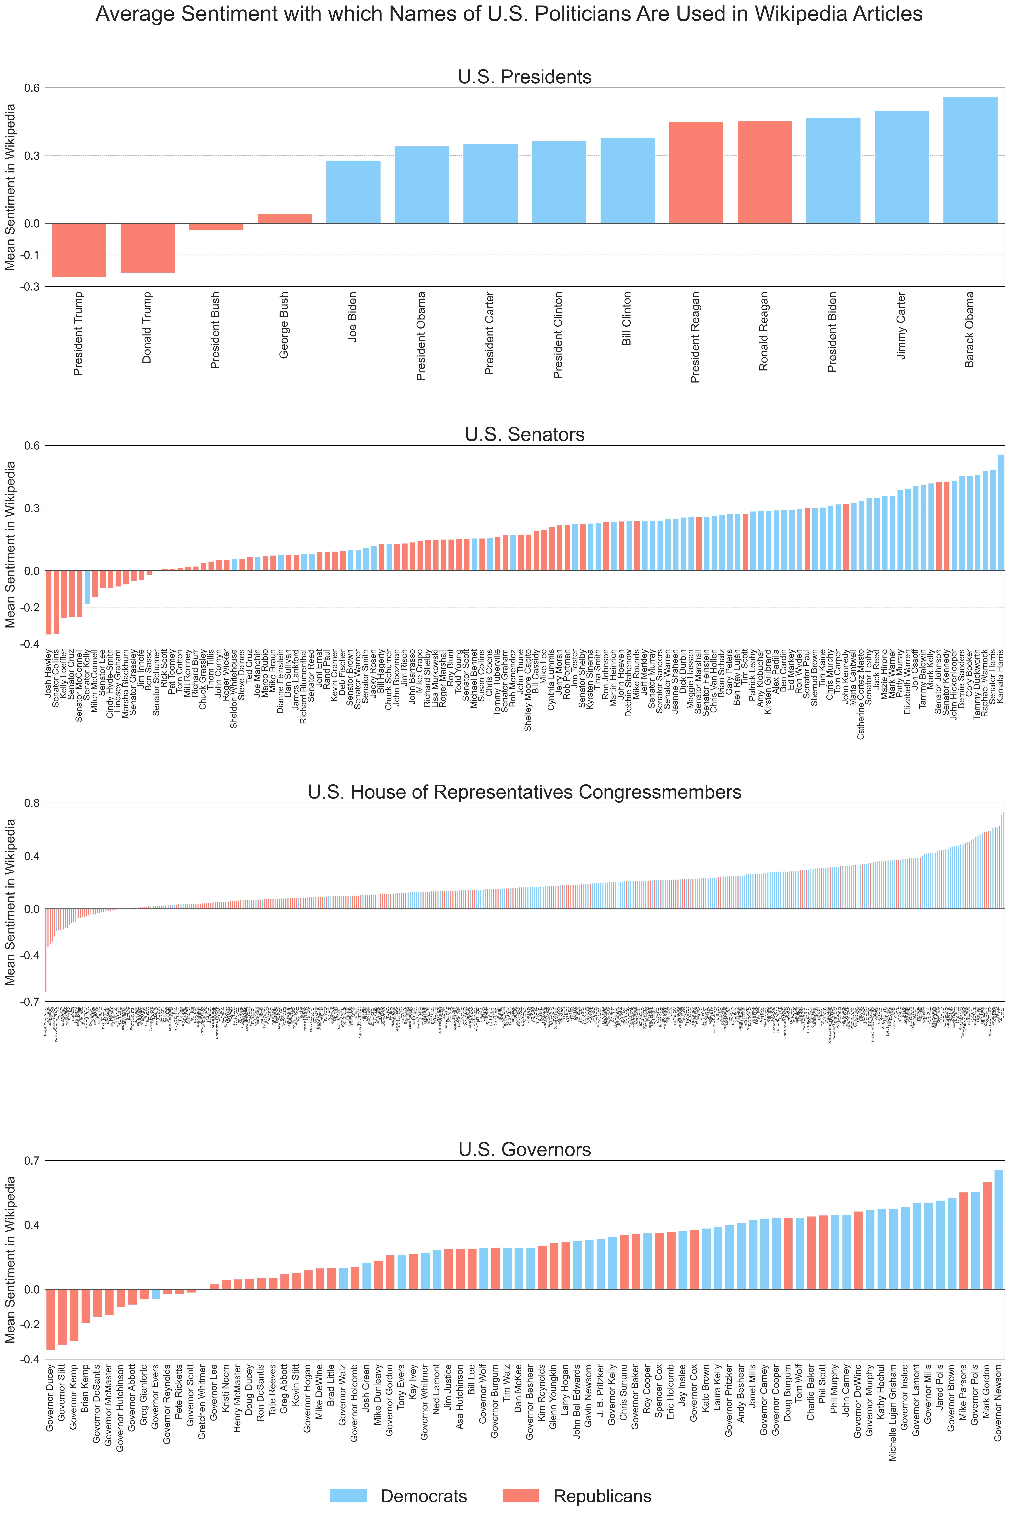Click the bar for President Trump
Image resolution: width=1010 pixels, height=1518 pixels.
79,250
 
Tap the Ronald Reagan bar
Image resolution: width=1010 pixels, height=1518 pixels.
764,173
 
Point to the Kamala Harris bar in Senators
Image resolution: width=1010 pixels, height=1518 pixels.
1000,513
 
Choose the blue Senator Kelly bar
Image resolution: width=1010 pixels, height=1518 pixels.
87,587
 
